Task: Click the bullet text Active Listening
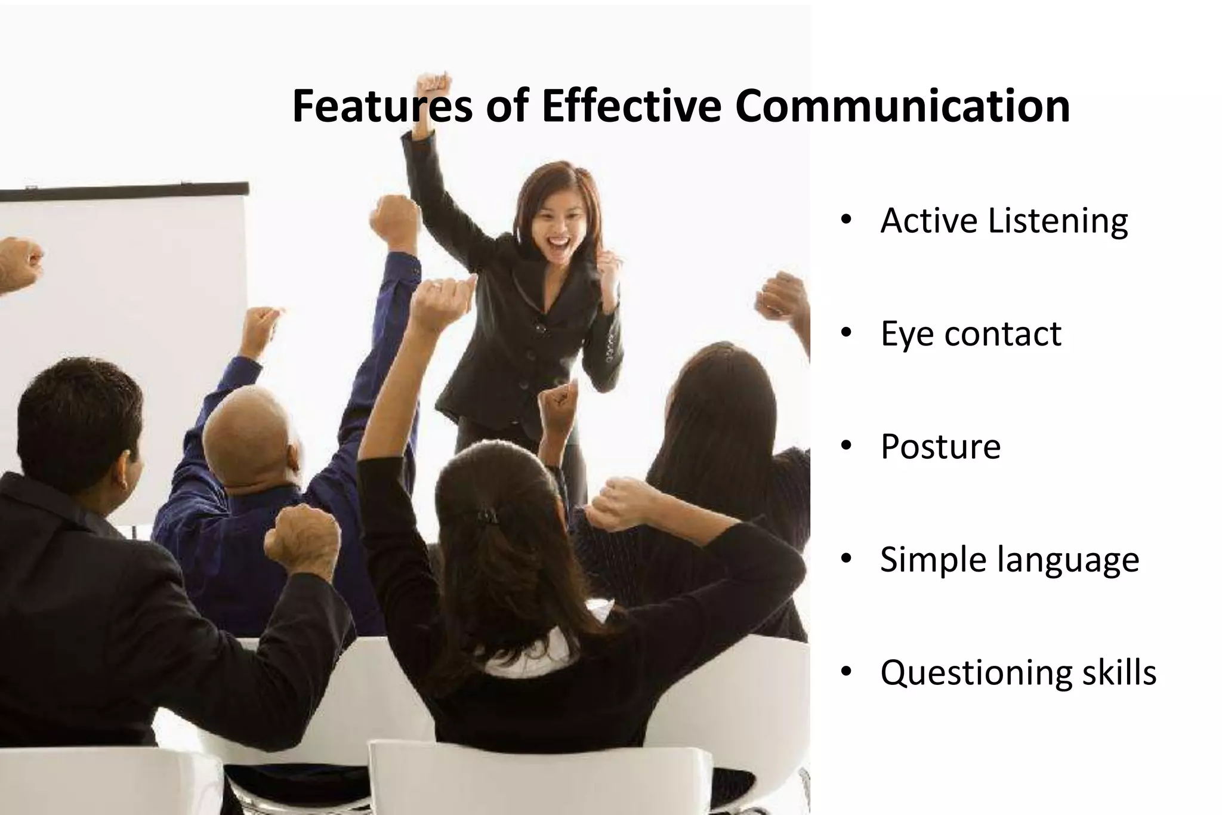(x=1004, y=221)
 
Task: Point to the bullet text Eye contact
(x=971, y=334)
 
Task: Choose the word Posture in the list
(x=940, y=446)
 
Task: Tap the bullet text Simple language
(x=1010, y=560)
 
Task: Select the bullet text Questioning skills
(x=1018, y=672)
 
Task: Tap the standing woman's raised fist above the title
(x=433, y=88)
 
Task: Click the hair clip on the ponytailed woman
(x=486, y=514)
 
